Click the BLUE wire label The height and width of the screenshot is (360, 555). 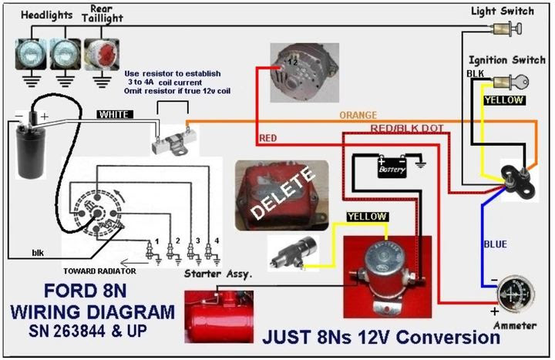click(x=495, y=244)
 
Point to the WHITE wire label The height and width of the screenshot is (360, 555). click(x=115, y=114)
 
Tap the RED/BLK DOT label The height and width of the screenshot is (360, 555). click(x=406, y=127)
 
